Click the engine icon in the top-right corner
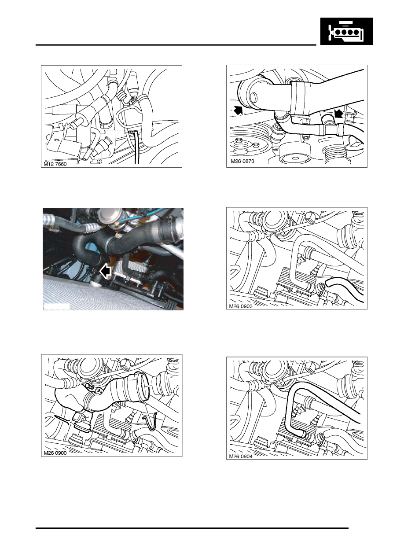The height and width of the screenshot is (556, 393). [346, 31]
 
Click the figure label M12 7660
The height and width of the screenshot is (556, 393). [55, 164]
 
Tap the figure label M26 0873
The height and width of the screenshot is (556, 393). [242, 161]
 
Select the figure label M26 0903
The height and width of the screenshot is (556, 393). [240, 306]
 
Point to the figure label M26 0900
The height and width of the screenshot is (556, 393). [55, 453]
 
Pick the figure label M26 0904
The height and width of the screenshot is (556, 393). [240, 456]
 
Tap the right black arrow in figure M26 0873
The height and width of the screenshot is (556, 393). [339, 114]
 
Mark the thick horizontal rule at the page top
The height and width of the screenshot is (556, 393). [176, 45]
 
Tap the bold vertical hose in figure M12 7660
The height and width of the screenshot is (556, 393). [136, 147]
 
